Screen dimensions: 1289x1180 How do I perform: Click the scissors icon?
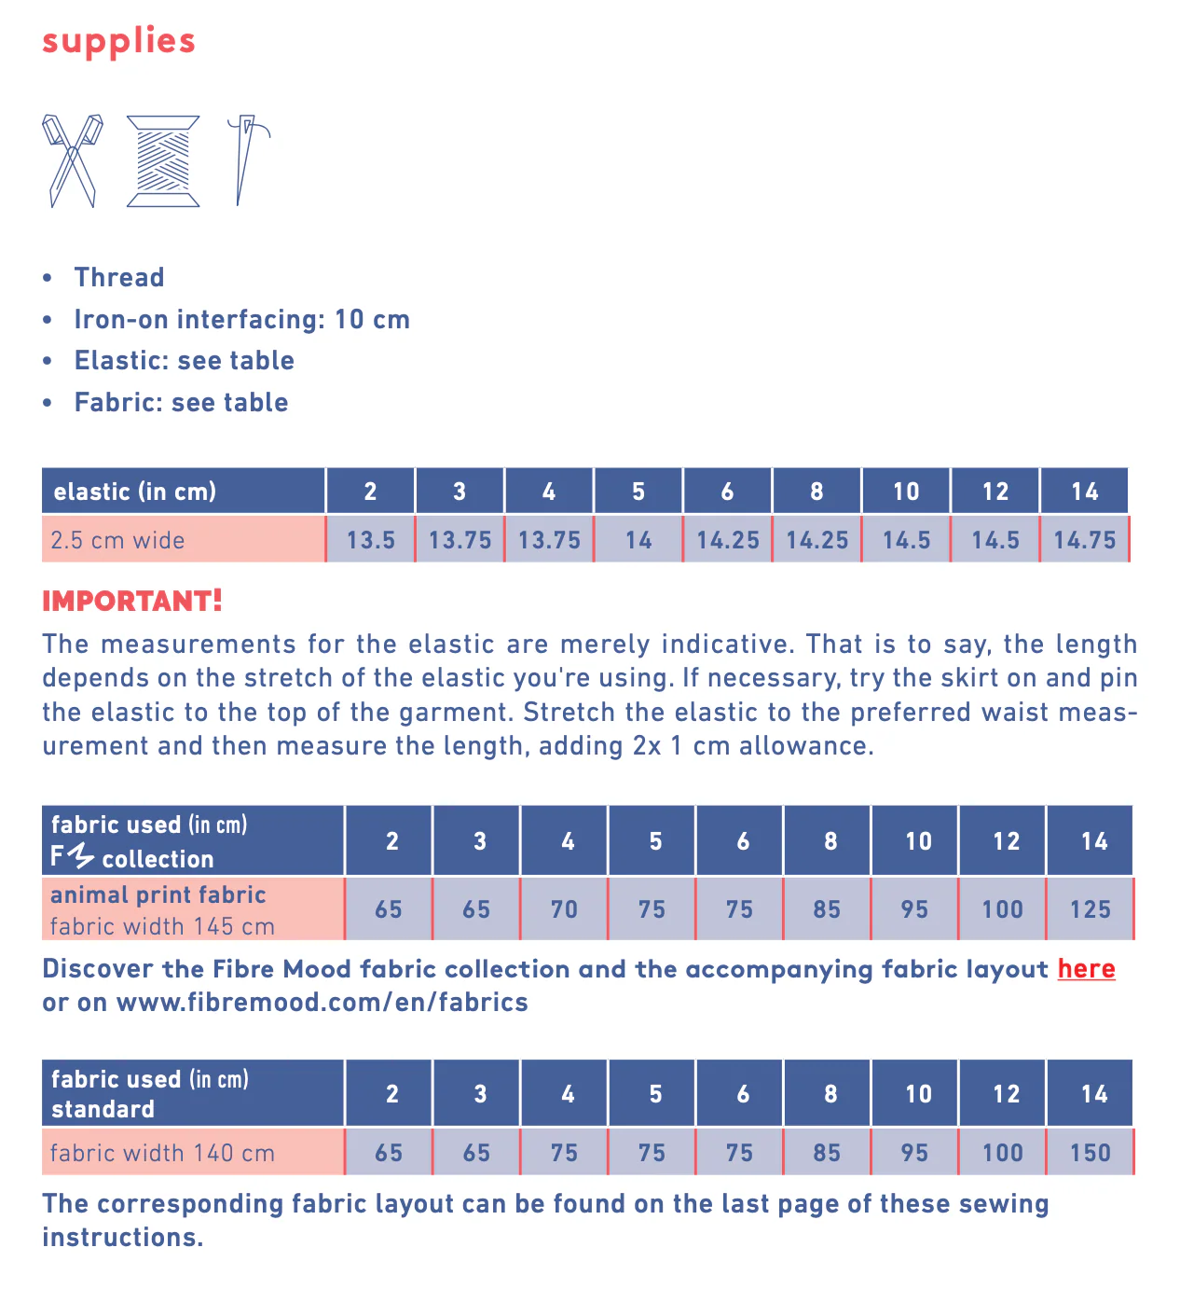(72, 160)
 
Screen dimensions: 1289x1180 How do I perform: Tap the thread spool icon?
(163, 160)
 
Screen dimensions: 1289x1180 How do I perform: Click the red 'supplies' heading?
(118, 41)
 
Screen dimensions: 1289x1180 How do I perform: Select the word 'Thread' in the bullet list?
(119, 277)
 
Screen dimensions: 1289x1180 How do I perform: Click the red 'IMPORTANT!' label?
(132, 601)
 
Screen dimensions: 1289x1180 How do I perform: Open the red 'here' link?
(1086, 969)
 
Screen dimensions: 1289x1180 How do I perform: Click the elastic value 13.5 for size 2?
(371, 540)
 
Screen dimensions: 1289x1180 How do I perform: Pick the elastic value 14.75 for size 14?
(1085, 540)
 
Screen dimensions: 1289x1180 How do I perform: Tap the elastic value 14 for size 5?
(638, 540)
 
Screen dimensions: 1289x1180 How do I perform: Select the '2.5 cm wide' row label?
(117, 540)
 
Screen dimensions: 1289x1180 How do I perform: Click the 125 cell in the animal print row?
(1091, 909)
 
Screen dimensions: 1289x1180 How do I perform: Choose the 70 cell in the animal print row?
(564, 909)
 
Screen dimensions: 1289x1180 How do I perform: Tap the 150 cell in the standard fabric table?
(1091, 1153)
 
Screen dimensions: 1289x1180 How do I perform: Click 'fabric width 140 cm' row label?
(162, 1153)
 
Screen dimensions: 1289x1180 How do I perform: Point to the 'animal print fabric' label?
(158, 894)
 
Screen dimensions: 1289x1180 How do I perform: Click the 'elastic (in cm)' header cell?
(135, 492)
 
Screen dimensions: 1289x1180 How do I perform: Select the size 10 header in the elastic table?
(906, 492)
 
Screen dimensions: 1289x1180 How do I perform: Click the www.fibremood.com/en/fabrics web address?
(322, 1003)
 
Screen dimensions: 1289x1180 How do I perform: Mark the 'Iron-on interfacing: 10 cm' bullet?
(242, 319)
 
